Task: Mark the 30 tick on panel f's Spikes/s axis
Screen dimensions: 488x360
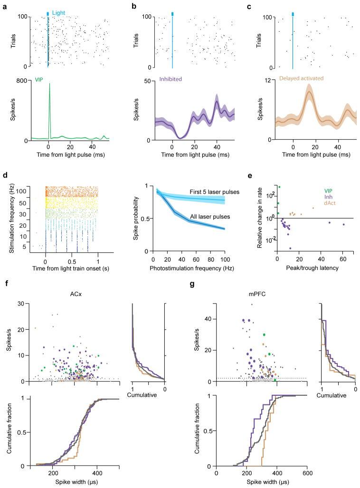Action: point(23,303)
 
